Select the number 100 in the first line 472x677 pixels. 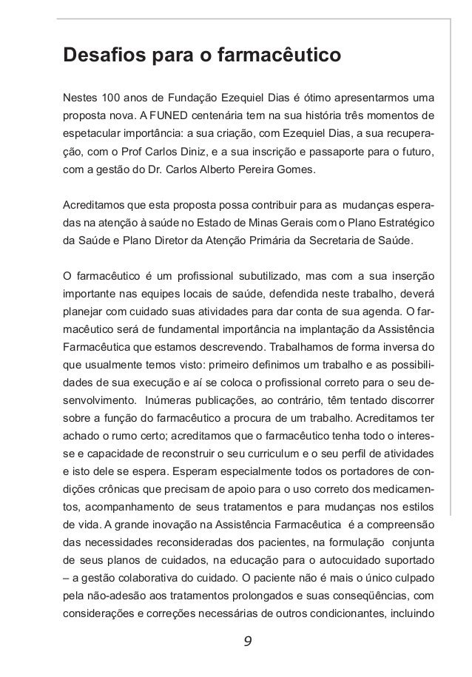109,98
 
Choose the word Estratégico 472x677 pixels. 400,223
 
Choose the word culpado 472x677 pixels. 411,579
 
